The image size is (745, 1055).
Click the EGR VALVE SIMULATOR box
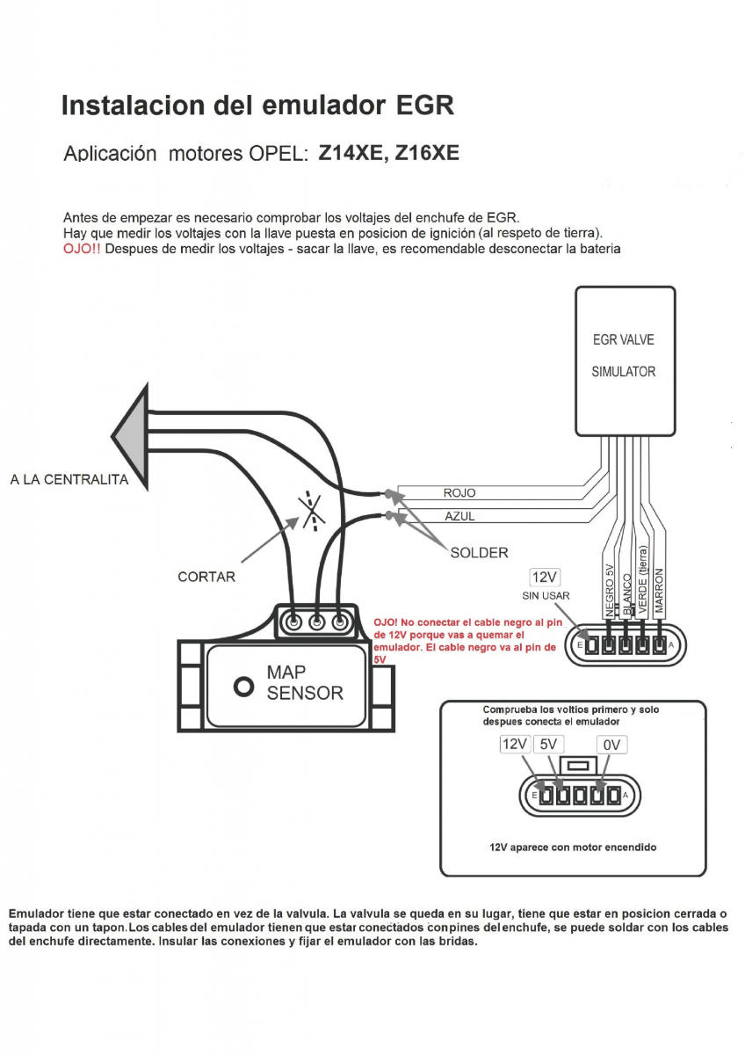(x=625, y=360)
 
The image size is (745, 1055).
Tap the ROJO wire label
(x=459, y=493)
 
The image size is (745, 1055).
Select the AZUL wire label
(x=459, y=516)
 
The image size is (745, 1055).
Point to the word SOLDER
(x=479, y=553)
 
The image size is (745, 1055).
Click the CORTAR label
(x=206, y=577)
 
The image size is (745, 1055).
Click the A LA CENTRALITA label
(x=69, y=479)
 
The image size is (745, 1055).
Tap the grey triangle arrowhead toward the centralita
(x=133, y=433)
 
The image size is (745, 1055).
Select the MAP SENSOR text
(x=304, y=683)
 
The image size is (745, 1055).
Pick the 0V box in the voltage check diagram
(x=612, y=745)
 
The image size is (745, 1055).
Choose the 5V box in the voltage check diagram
(x=548, y=745)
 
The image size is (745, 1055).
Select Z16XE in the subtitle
(x=427, y=153)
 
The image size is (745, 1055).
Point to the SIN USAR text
(x=546, y=596)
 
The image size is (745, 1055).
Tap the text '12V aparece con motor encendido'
(x=573, y=848)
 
